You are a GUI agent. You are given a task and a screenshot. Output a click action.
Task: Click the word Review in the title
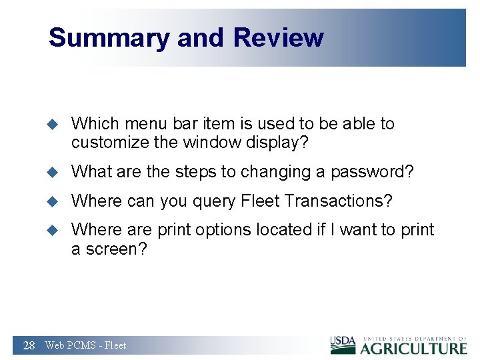point(279,37)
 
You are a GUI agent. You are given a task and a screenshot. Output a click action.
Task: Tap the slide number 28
point(29,345)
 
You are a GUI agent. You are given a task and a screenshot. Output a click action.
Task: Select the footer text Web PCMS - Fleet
point(85,345)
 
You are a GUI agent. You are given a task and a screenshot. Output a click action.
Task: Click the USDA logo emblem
point(343,345)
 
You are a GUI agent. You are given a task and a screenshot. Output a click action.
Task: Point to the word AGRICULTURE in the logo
point(414,348)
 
